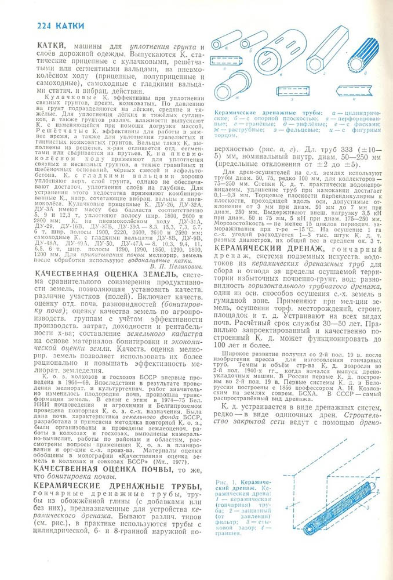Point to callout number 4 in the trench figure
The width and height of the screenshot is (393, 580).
(286, 509)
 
